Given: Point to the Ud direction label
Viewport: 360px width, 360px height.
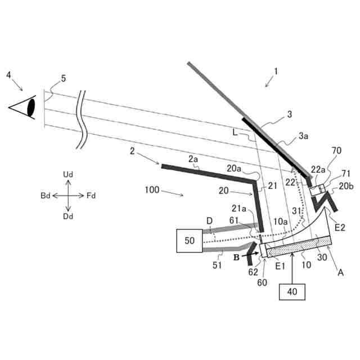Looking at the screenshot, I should tap(68, 175).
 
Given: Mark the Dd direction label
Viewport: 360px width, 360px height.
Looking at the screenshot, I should tap(68, 216).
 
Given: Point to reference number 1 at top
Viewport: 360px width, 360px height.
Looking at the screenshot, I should tap(276, 71).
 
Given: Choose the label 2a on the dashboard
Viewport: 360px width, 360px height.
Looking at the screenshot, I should tap(193, 160).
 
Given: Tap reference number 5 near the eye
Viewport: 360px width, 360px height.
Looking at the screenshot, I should tap(63, 79).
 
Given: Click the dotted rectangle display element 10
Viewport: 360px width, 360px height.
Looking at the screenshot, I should tap(298, 245).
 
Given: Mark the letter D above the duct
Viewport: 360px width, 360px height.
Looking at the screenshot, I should tap(209, 220).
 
